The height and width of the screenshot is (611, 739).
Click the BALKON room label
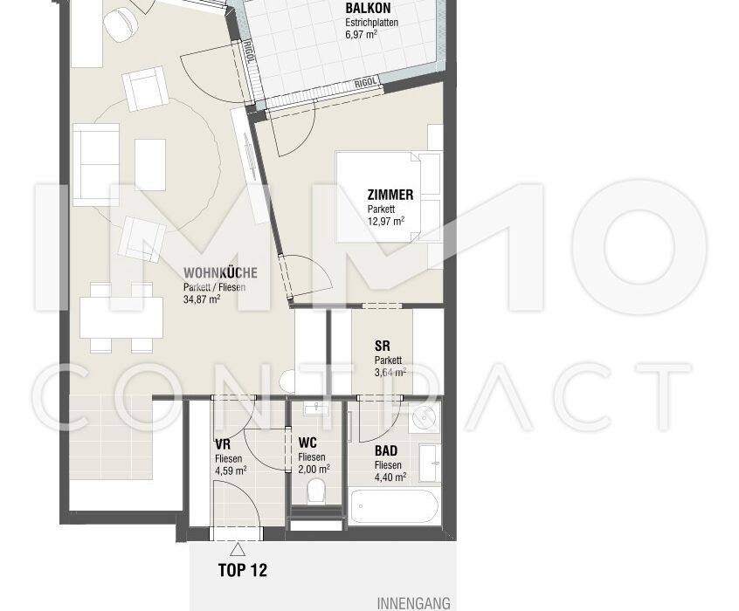click(x=368, y=8)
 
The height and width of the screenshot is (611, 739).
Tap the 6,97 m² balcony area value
click(x=361, y=34)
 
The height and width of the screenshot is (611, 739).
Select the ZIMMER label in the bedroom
click(x=390, y=195)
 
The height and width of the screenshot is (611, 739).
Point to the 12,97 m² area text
click(x=386, y=222)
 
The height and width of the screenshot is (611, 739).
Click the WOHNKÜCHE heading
click(x=221, y=272)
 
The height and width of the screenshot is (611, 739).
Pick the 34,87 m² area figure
click(x=202, y=299)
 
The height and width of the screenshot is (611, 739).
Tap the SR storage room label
click(x=383, y=346)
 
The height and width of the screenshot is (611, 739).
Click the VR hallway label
click(x=223, y=444)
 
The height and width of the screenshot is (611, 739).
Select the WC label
click(x=307, y=443)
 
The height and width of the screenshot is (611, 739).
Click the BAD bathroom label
click(x=386, y=450)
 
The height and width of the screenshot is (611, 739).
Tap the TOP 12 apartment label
click(x=242, y=571)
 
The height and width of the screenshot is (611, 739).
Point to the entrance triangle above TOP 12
click(x=238, y=549)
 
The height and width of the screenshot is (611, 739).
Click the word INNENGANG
click(x=413, y=603)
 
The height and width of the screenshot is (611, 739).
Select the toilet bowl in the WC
click(x=315, y=491)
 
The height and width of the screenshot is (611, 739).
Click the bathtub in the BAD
click(x=395, y=507)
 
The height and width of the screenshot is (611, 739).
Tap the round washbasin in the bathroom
click(x=425, y=417)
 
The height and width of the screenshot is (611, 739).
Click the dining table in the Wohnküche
click(x=121, y=318)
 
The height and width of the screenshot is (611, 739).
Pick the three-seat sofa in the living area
click(x=96, y=165)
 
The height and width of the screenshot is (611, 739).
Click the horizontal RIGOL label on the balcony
click(x=366, y=83)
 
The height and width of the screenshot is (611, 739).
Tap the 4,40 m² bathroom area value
click(x=390, y=477)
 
